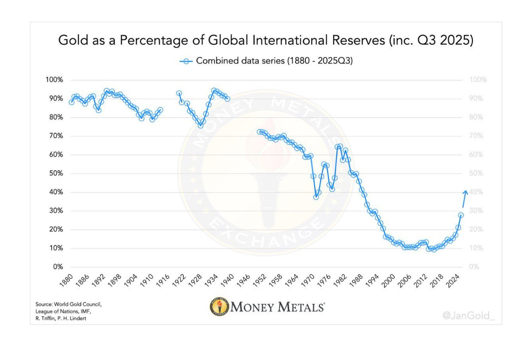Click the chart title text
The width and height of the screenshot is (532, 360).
[x=266, y=40]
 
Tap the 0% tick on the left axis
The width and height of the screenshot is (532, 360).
[x=58, y=267]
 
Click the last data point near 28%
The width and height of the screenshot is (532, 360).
[x=461, y=215]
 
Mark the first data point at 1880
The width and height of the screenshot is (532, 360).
[x=71, y=102]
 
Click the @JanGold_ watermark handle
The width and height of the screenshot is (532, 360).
[x=467, y=316]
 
